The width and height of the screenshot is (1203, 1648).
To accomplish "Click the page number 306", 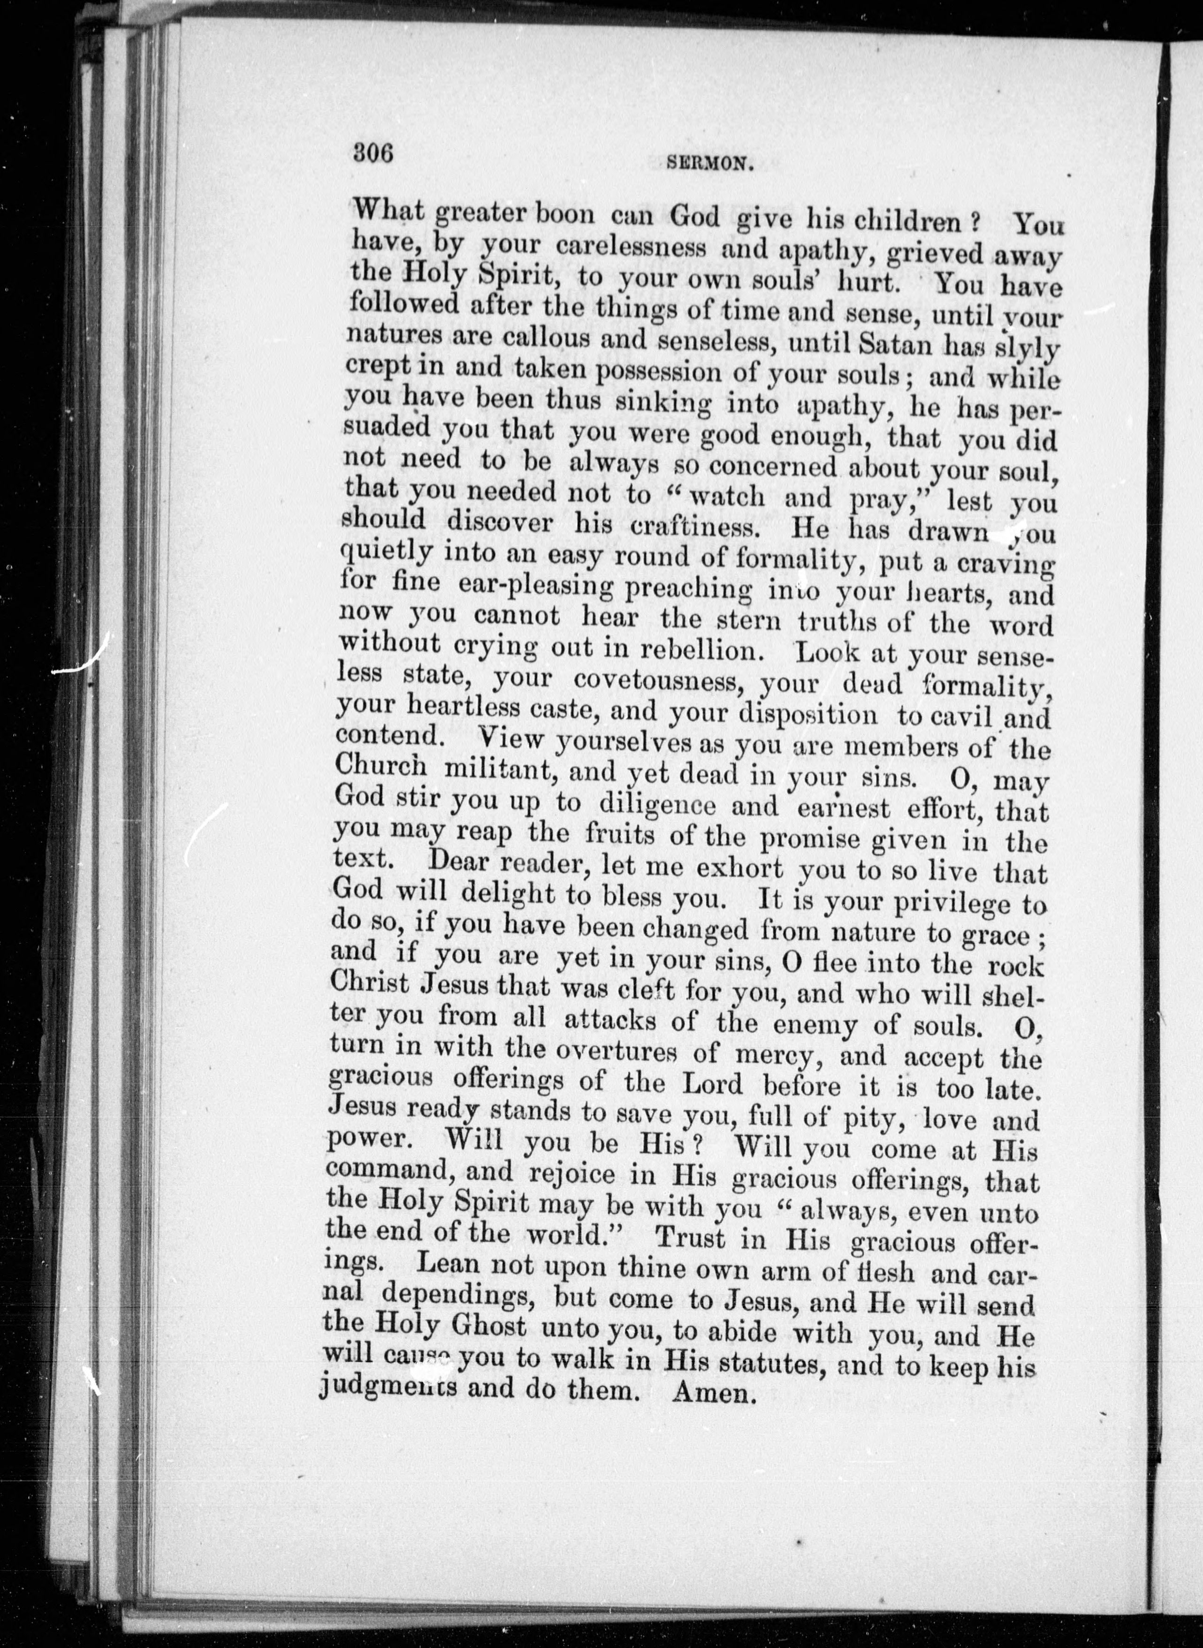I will coord(372,153).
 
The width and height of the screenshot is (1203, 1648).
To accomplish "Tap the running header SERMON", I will coord(708,165).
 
